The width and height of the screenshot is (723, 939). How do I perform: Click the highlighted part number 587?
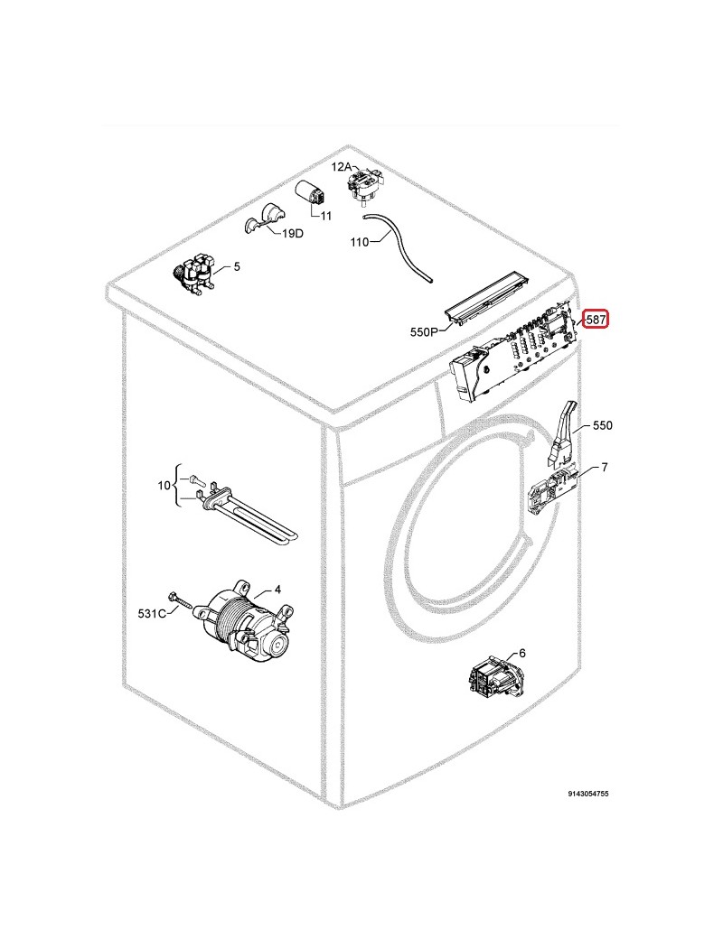tap(596, 320)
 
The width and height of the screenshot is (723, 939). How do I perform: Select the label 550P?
tap(425, 331)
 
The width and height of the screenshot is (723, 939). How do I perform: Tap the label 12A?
tap(342, 167)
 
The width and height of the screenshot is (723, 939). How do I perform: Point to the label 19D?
tap(293, 233)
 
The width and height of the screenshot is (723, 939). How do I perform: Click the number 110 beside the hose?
tap(360, 242)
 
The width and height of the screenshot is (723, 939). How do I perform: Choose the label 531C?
tap(152, 614)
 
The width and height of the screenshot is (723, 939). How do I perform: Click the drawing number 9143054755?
tap(588, 794)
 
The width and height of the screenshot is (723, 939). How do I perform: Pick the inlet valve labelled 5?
tap(193, 274)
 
